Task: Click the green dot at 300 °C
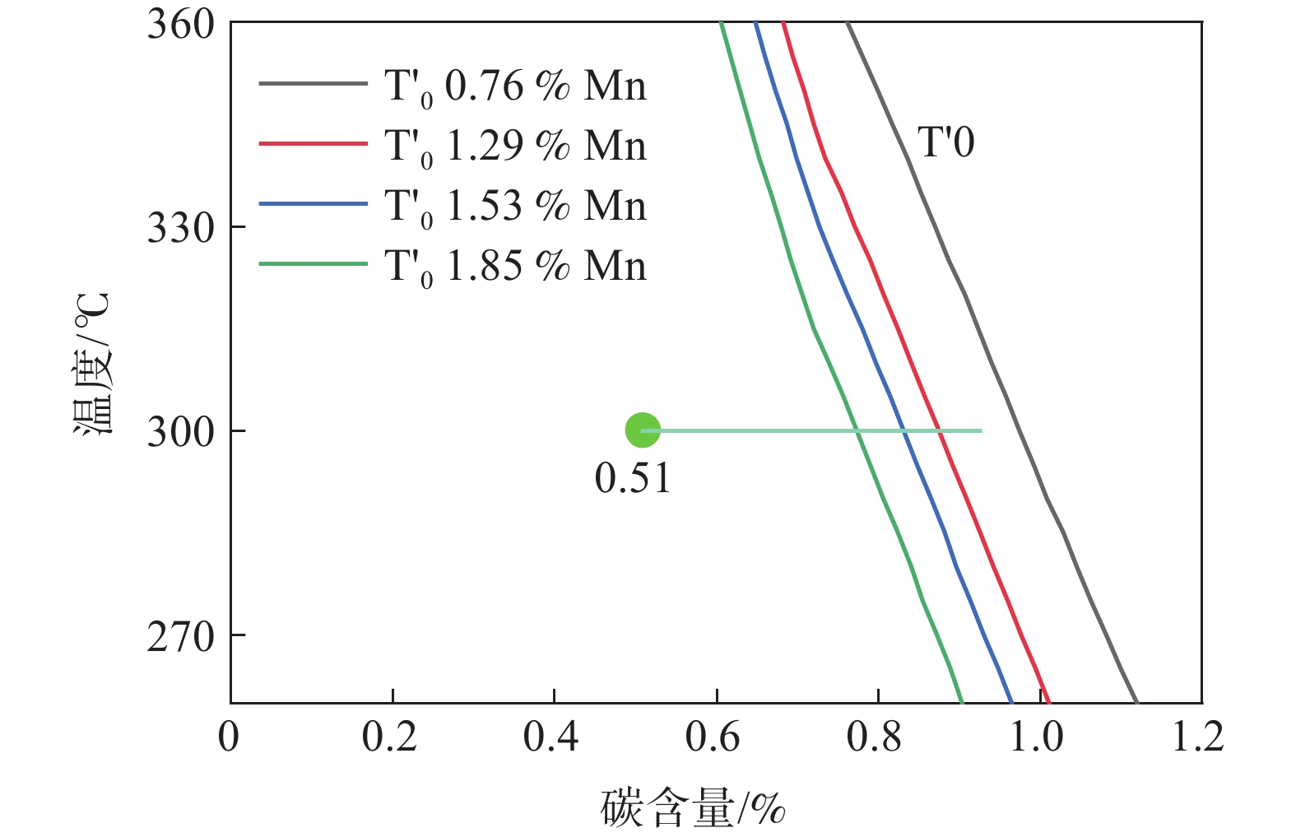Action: tap(643, 430)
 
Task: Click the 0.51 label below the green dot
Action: tap(633, 478)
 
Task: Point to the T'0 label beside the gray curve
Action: tap(946, 142)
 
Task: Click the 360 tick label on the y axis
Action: tap(180, 25)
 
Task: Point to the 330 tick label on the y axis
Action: tap(180, 227)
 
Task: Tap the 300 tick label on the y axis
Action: tap(180, 431)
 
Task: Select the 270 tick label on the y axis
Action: tap(180, 635)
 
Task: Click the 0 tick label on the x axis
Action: tap(229, 737)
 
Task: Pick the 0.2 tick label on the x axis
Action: tap(390, 737)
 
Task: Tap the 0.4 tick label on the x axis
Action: tap(551, 737)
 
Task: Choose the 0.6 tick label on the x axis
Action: tap(713, 737)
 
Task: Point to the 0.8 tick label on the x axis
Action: tap(875, 737)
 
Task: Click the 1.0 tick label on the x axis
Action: tap(1037, 737)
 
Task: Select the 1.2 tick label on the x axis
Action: tap(1198, 737)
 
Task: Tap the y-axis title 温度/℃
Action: tap(91, 363)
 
